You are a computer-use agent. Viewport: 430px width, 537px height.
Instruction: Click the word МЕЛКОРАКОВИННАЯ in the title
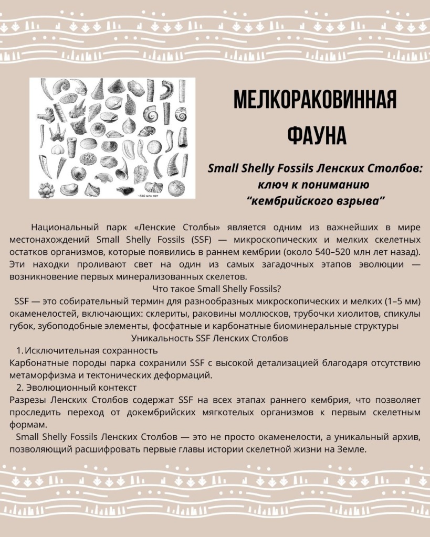(x=314, y=100)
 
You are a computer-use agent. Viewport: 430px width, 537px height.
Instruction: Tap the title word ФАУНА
(x=317, y=135)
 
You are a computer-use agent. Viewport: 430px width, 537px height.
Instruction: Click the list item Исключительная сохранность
(x=91, y=350)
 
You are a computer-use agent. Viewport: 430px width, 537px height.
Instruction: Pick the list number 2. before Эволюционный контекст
(x=20, y=388)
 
